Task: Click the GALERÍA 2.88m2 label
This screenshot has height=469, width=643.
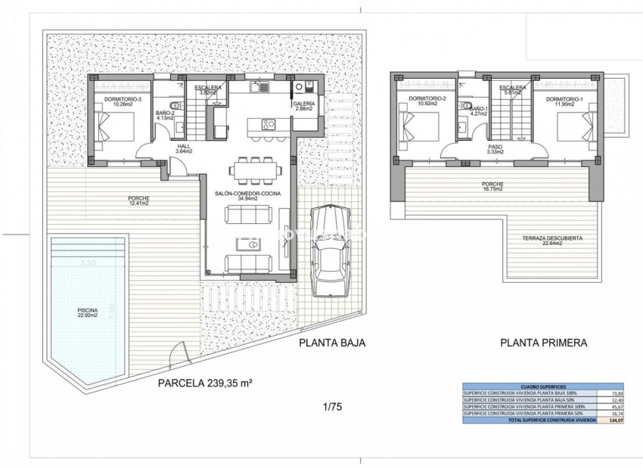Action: coord(306,107)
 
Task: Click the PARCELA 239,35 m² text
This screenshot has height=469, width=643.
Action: coord(204,384)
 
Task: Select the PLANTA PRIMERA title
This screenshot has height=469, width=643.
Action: coord(543,343)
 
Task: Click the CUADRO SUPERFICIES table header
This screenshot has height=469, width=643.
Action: coord(542,386)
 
